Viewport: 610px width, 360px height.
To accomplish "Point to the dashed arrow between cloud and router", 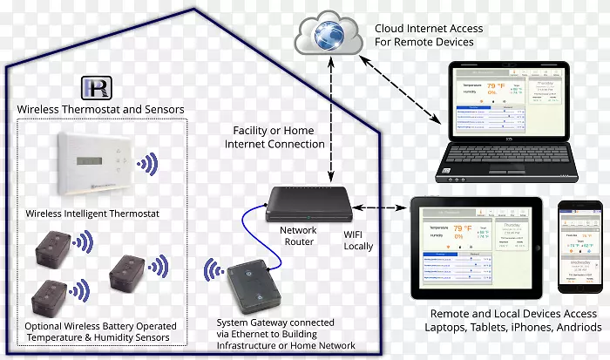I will pyautogui.click(x=331, y=122).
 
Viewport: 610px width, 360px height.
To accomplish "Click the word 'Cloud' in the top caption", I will pyautogui.click(x=390, y=28).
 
